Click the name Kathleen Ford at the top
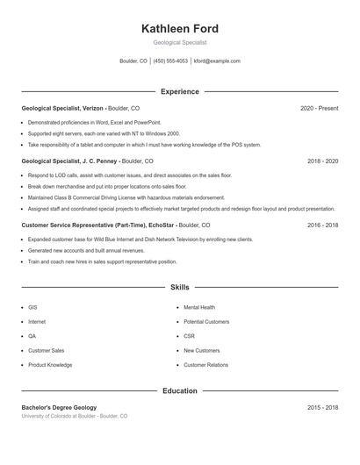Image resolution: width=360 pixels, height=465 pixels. [x=179, y=29]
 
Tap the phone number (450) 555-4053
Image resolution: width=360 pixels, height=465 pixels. [x=170, y=61]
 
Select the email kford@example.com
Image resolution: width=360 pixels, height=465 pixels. [x=217, y=61]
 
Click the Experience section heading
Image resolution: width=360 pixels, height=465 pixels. [x=179, y=91]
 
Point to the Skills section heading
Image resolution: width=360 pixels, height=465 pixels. [x=179, y=287]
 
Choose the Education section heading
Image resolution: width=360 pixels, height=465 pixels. [x=179, y=390]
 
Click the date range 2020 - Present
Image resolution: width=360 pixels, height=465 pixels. [x=319, y=108]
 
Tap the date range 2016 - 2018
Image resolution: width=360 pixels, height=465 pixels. [x=322, y=225]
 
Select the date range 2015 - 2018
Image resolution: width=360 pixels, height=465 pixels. [x=322, y=407]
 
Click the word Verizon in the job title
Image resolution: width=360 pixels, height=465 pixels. [x=92, y=108]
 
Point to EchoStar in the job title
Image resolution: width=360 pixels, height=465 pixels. [x=159, y=225]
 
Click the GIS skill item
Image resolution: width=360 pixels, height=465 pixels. [x=32, y=308]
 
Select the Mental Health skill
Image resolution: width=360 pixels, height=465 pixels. [x=198, y=308]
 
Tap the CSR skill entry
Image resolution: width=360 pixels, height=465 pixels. [x=189, y=336]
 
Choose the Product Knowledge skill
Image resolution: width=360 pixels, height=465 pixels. [x=50, y=365]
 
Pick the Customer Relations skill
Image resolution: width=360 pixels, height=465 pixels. [x=205, y=365]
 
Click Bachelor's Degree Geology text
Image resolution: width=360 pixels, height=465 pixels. [x=59, y=407]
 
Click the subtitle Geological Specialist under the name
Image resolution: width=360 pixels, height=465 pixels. [x=179, y=42]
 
